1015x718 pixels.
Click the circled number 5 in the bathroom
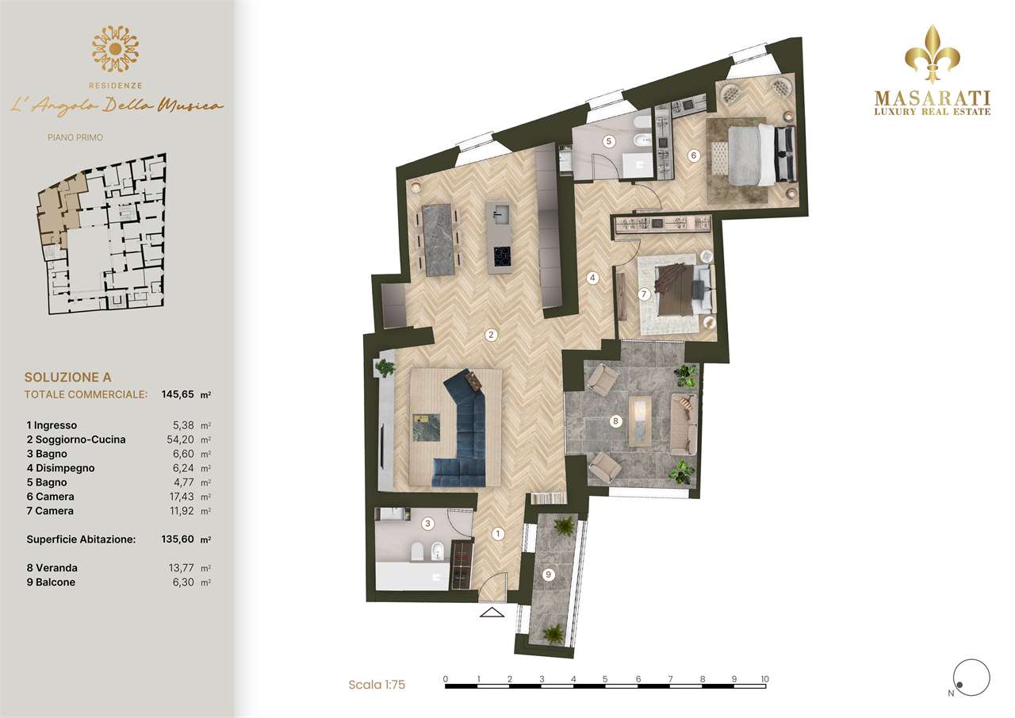click(x=608, y=141)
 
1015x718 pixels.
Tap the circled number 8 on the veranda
click(x=615, y=421)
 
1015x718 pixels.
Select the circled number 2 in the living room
click(x=491, y=335)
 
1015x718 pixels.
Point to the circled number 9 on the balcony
click(x=548, y=574)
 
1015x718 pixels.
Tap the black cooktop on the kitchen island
click(x=502, y=257)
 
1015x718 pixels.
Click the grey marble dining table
click(x=439, y=240)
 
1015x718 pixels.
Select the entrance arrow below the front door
click(x=492, y=612)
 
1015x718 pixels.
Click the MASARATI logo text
click(x=932, y=98)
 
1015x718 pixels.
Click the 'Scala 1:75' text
click(x=377, y=684)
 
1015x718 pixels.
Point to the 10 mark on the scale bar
click(x=765, y=679)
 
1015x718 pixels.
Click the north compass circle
click(x=971, y=678)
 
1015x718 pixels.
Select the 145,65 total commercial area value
click(x=178, y=394)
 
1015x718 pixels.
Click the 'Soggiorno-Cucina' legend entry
click(x=80, y=440)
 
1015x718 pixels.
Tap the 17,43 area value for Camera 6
click(x=182, y=497)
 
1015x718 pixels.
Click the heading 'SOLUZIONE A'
click(x=67, y=377)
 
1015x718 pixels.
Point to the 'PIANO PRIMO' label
click(x=75, y=137)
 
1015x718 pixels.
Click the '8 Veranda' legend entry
click(x=52, y=567)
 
